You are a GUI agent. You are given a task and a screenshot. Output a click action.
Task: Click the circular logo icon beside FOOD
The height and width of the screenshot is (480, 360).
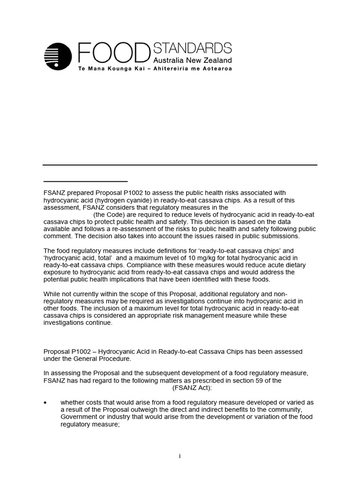58,56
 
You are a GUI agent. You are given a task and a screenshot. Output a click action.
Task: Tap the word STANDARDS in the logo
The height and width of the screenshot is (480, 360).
193,48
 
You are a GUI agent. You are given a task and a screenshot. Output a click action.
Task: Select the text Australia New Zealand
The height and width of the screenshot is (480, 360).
193,60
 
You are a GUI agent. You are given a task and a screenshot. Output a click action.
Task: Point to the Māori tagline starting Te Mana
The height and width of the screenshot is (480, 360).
155,68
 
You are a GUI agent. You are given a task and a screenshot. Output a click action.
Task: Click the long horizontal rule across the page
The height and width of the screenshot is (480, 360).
180,165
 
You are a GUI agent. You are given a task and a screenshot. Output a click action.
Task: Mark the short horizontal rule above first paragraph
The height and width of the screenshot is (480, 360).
85,181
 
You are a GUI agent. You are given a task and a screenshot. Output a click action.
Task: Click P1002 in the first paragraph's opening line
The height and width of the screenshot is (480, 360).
126,193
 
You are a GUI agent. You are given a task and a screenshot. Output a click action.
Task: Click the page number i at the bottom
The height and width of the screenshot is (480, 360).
180,456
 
